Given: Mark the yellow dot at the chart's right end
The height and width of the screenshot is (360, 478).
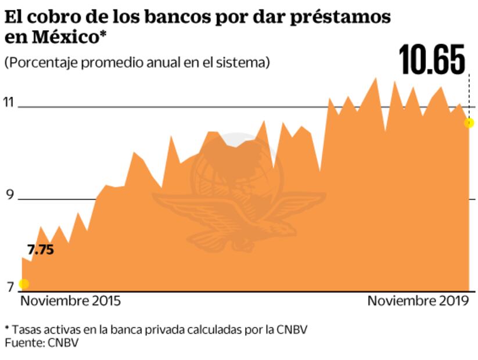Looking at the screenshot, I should pos(469,123).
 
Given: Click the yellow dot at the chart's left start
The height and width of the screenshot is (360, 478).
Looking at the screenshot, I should pos(24,284).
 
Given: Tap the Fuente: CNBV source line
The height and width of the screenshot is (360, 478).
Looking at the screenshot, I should pos(41,343).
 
